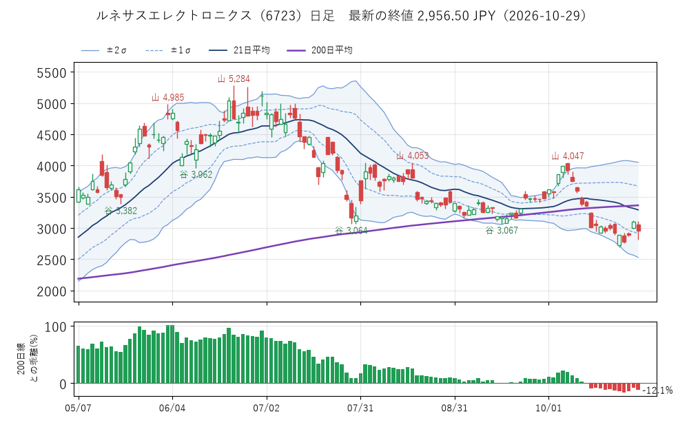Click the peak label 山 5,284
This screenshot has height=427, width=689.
(x=234, y=79)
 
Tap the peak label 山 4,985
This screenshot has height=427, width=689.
(x=168, y=98)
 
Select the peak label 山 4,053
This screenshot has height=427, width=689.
(x=412, y=156)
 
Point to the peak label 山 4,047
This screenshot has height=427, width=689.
(x=568, y=156)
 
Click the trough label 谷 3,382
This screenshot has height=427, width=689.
(x=121, y=211)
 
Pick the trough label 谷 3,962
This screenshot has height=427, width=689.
(x=196, y=174)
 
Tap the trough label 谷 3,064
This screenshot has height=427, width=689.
(x=351, y=231)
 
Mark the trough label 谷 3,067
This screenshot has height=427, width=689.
(x=502, y=231)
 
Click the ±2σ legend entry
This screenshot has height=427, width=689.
(x=104, y=50)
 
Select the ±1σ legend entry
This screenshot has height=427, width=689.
(x=168, y=50)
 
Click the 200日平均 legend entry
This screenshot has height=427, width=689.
(x=320, y=50)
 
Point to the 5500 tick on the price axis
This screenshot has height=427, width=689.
(x=52, y=73)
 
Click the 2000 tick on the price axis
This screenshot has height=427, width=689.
(x=52, y=291)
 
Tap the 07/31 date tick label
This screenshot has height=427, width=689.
(x=360, y=408)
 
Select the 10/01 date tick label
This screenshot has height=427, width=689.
(x=548, y=408)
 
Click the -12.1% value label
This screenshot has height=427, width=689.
(x=657, y=390)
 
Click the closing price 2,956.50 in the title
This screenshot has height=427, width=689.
(x=443, y=16)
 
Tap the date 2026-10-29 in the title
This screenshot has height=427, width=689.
(x=545, y=16)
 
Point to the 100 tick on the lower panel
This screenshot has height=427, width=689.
(x=56, y=327)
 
